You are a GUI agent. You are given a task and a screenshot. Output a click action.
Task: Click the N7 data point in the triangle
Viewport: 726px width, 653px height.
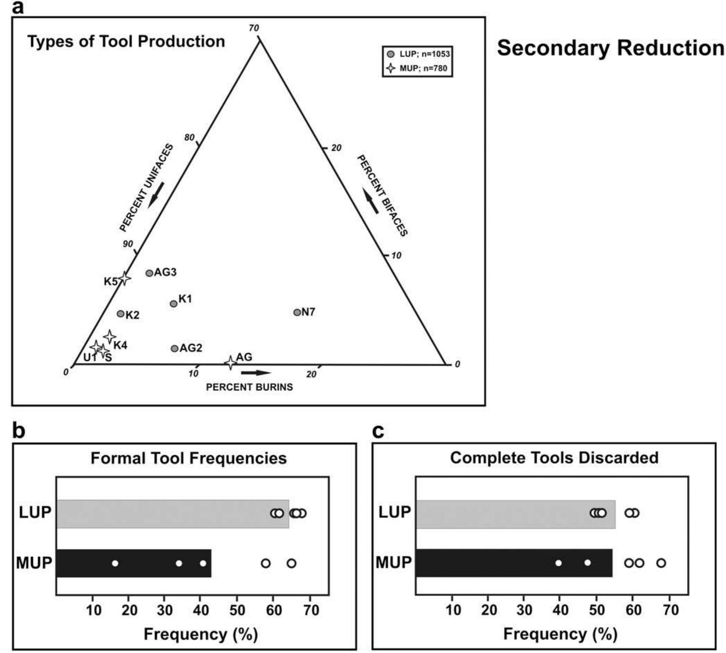(x=297, y=312)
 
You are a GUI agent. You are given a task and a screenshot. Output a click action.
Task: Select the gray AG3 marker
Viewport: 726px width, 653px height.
(x=149, y=273)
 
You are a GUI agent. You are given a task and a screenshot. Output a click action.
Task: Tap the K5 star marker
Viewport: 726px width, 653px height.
(x=124, y=278)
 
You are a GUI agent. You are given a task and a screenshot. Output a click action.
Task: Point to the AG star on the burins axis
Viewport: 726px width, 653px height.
(x=231, y=362)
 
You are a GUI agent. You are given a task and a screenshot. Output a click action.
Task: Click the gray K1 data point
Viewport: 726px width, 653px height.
(x=173, y=304)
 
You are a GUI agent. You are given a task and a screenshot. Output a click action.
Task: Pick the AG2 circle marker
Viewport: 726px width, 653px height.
(x=174, y=348)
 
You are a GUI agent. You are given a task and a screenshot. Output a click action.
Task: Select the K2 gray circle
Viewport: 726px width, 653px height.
(x=121, y=314)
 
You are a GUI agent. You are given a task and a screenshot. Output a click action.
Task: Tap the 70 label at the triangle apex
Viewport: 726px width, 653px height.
(x=254, y=28)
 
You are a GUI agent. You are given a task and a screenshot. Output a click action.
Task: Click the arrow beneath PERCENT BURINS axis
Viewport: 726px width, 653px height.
(x=256, y=373)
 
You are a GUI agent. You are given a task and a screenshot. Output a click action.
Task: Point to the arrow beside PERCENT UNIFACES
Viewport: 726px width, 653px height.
(x=156, y=195)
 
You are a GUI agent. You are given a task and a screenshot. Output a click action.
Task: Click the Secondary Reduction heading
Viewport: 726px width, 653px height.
(x=610, y=48)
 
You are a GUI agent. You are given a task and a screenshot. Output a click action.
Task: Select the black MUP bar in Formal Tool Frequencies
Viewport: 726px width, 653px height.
(x=134, y=563)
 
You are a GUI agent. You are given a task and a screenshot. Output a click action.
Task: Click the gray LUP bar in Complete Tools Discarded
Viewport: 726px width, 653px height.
(x=515, y=514)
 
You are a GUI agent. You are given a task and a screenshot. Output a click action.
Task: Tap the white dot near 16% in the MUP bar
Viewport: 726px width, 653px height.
(x=115, y=563)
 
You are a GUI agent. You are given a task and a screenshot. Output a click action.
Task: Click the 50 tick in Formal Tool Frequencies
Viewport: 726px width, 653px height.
(x=237, y=609)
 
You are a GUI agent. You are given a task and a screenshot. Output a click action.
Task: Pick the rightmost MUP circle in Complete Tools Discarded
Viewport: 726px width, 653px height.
(x=661, y=563)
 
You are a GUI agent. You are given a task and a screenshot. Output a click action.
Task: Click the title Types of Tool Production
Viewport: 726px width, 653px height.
(x=126, y=41)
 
